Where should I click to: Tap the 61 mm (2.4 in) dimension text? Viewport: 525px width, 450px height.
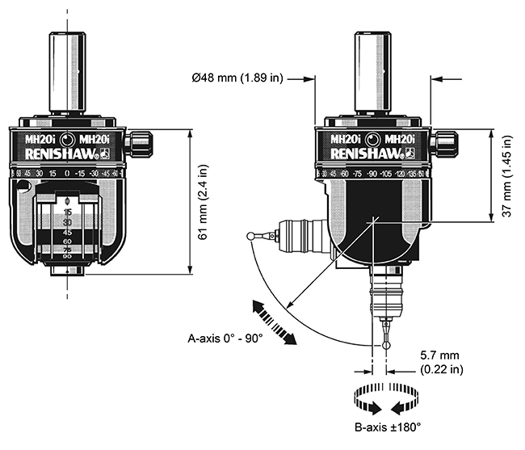(x=203, y=206)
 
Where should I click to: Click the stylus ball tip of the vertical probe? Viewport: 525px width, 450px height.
(x=387, y=347)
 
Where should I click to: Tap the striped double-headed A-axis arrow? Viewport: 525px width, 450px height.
(x=272, y=321)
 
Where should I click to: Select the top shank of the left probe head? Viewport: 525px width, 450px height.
(x=67, y=73)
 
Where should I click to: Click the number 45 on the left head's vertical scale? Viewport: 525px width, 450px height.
(x=68, y=231)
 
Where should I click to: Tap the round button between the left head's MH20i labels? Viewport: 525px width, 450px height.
(x=68, y=138)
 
